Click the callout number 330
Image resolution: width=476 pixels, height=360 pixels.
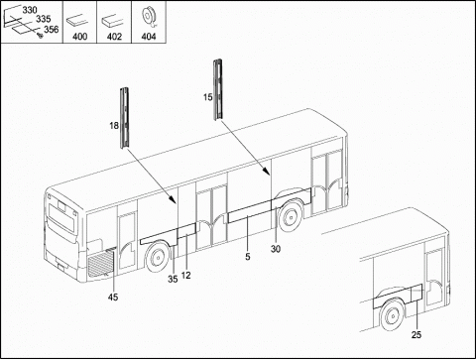pos(30,10)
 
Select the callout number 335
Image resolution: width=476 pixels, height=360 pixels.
pos(43,19)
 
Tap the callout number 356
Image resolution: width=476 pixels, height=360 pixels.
pos(52,30)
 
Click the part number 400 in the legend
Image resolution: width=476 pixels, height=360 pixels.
pos(79,37)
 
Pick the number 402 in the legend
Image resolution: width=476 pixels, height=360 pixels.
pos(114,37)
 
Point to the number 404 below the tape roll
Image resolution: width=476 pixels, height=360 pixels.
pos(149,37)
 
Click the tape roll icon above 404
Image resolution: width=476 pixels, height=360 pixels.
pos(148,18)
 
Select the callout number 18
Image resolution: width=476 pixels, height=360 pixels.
pos(114,126)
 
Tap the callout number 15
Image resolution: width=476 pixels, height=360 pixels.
pos(208,97)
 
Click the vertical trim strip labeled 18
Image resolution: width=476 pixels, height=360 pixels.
pos(124,118)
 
